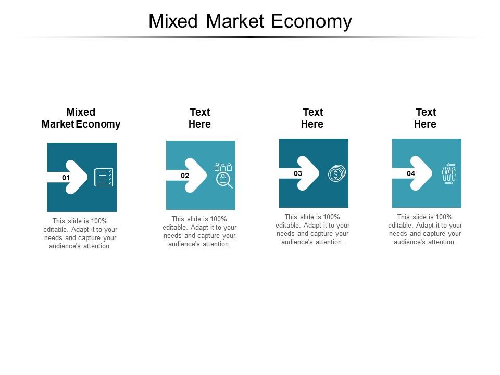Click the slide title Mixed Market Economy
tap(250, 21)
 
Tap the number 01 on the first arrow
tap(66, 178)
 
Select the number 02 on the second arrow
tap(185, 176)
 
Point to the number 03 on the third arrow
tap(298, 173)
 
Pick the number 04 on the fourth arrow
tap(411, 173)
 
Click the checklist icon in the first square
tap(103, 177)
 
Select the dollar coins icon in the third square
tap(336, 173)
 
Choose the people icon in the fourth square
tap(449, 173)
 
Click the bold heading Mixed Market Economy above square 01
tap(81, 118)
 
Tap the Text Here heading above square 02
tap(199, 118)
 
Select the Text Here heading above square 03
tap(312, 118)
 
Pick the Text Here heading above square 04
tap(426, 118)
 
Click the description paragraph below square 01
tap(81, 234)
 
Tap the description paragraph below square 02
tap(199, 232)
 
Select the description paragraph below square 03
tap(312, 230)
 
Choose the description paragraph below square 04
tap(426, 230)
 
